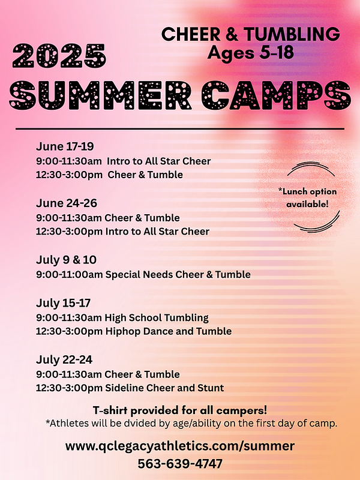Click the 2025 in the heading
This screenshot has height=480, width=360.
coord(59,56)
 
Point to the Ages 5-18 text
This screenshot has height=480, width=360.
coord(250,53)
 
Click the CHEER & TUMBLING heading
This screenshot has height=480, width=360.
coord(250,34)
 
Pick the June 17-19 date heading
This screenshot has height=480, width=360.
coord(65,147)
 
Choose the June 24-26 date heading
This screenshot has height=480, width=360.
coord(66,203)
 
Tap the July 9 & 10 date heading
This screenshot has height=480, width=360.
coord(66,260)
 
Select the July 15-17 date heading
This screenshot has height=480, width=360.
coord(64,303)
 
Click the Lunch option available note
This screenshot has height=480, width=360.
coord(307,197)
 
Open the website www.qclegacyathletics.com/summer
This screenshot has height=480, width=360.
coord(180,446)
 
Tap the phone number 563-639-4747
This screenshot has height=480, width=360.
coord(180,464)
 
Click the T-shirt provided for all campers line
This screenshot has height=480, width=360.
coord(180,410)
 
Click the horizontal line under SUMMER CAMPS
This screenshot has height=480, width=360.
coord(180,128)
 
